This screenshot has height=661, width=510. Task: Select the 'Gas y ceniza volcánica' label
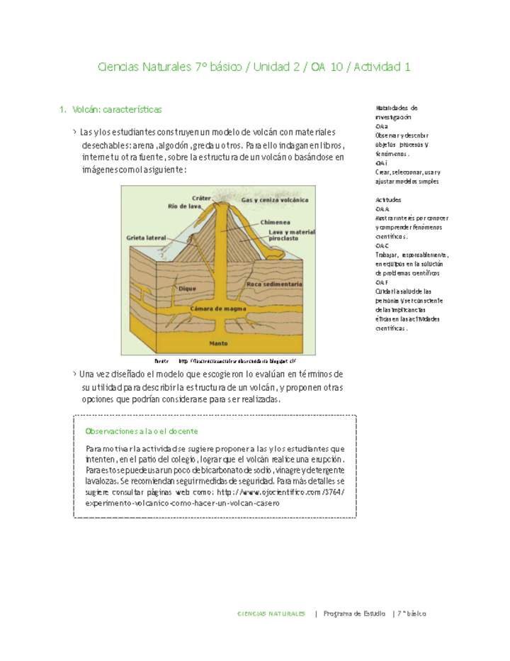(275, 200)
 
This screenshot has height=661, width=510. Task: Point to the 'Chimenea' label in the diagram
(276, 222)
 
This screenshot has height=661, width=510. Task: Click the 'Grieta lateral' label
(146, 238)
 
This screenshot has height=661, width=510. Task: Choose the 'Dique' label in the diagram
(187, 289)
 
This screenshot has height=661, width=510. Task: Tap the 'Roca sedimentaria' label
(275, 284)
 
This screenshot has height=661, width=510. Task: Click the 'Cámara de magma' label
(218, 309)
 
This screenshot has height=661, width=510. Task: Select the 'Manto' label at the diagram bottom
(218, 343)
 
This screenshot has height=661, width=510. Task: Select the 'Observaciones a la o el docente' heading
(141, 431)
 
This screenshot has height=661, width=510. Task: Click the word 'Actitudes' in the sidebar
(388, 200)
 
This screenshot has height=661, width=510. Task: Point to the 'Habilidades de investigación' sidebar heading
(396, 111)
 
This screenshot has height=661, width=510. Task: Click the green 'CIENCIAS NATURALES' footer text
(271, 613)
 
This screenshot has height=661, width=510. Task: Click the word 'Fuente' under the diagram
(161, 361)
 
